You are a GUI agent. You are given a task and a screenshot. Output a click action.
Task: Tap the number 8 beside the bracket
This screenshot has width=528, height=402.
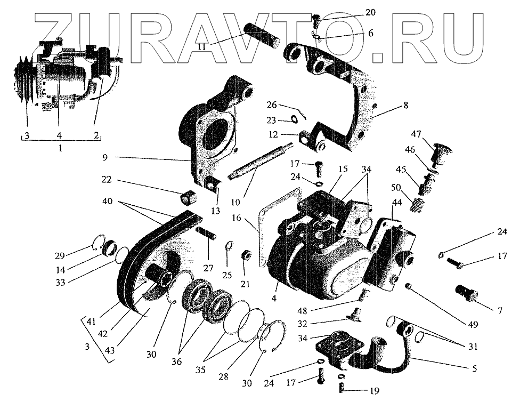point(405,106)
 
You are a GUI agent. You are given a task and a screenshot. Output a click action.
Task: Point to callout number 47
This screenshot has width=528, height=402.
point(416,133)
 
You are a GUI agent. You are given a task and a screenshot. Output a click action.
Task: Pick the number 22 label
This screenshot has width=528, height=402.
point(106,181)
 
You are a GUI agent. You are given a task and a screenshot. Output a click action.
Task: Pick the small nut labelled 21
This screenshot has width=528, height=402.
point(247,254)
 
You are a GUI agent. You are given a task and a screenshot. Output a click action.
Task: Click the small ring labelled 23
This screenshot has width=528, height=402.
point(295,120)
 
